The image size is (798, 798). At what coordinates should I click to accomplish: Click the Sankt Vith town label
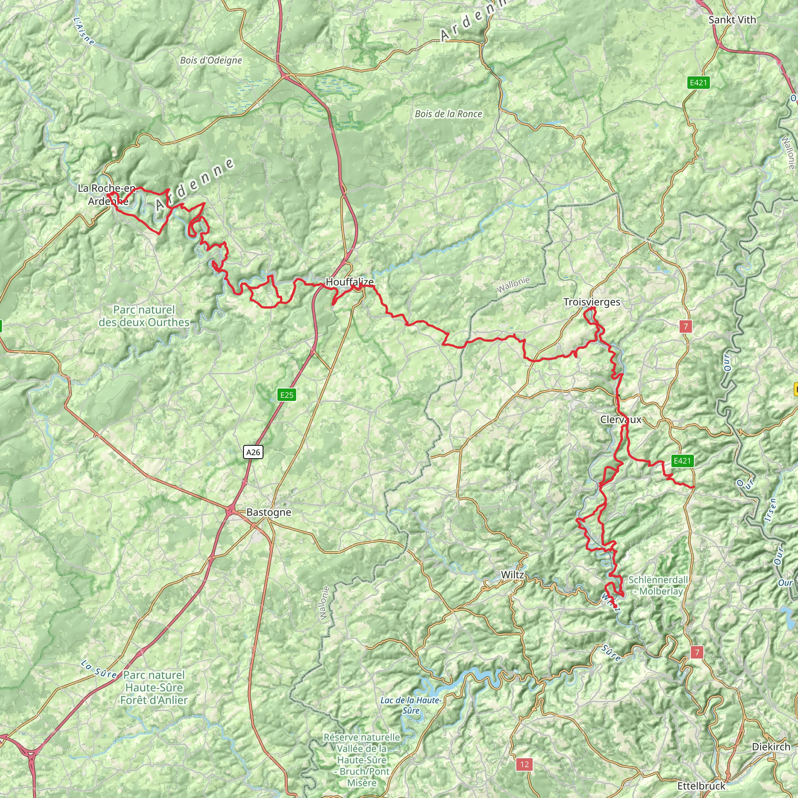tap(732, 20)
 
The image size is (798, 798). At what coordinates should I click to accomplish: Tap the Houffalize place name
tap(350, 282)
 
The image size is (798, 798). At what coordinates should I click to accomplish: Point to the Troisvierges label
tap(591, 302)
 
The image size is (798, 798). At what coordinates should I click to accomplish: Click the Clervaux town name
tap(621, 420)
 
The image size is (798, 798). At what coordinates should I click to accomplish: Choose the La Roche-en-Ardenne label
tap(106, 194)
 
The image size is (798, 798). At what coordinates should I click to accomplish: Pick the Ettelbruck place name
tap(701, 785)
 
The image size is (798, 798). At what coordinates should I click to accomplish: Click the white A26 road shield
tap(253, 452)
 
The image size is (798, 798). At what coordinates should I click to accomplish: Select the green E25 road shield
tap(287, 395)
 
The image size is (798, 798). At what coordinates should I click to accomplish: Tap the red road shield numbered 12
tap(524, 764)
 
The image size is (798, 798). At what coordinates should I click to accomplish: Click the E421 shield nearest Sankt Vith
tap(699, 83)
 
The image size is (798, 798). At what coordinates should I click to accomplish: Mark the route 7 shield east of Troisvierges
tap(686, 326)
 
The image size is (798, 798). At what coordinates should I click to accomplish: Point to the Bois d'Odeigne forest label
tap(211, 60)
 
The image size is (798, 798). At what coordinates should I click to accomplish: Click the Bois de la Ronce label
tap(448, 114)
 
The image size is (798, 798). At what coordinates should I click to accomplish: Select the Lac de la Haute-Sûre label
tap(411, 705)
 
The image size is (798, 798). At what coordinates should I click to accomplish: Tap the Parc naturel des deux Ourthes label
tap(144, 316)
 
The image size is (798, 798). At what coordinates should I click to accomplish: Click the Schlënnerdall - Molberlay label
tap(659, 585)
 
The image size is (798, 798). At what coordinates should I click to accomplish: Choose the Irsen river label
tap(770, 510)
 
